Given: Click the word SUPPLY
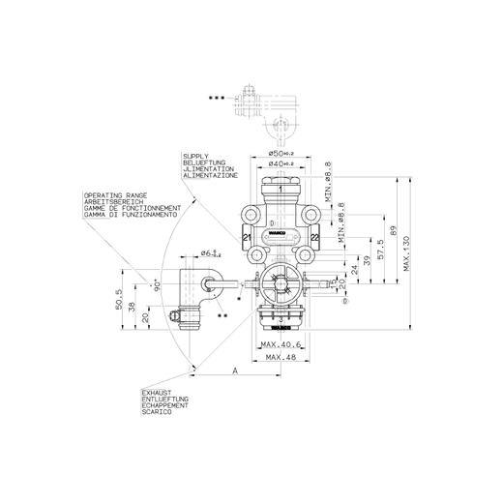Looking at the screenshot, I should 192,155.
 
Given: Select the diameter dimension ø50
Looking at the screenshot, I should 281,154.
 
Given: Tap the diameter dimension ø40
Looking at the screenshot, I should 281,164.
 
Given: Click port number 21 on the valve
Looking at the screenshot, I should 247,239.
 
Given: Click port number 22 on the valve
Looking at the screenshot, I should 315,239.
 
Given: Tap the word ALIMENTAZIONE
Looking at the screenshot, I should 204,178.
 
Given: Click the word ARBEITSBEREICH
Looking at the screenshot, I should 114,200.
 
